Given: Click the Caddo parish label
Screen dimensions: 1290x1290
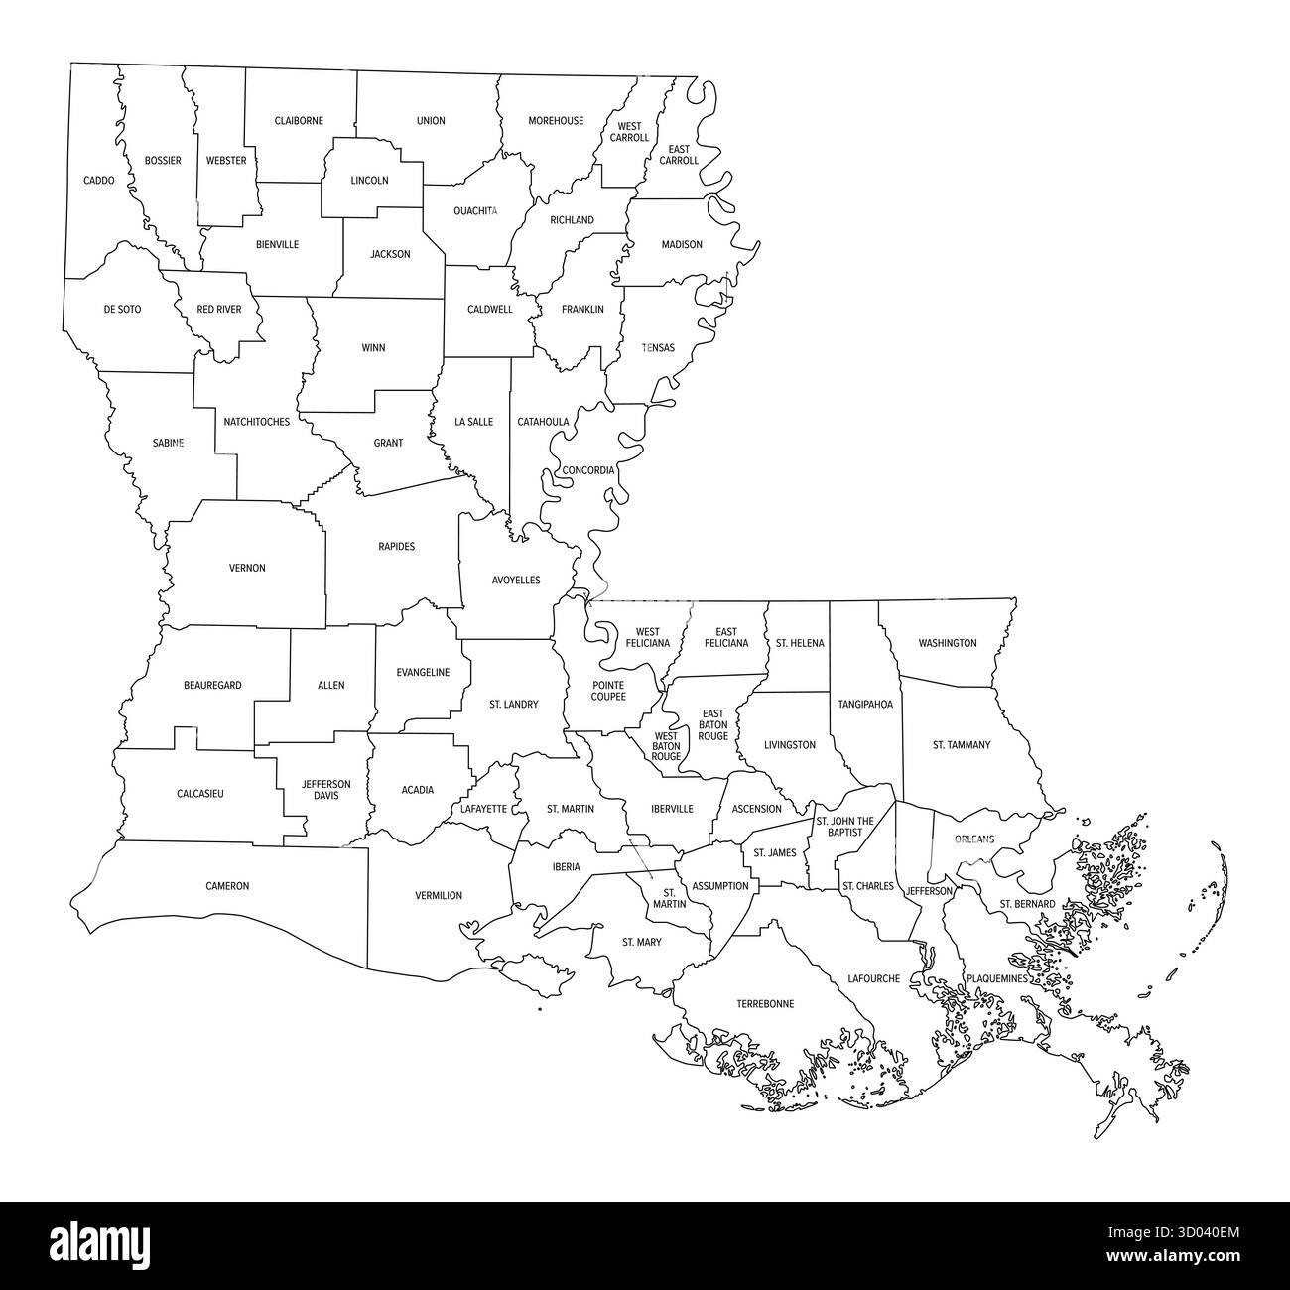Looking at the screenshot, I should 98,181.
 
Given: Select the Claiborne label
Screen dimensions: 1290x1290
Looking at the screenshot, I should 299,121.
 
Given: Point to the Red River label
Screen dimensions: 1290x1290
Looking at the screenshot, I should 218,310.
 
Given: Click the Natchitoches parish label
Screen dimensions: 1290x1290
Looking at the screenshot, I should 256,422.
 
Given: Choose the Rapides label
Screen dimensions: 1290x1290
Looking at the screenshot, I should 396,547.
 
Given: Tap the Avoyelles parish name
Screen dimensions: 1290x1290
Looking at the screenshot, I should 516,580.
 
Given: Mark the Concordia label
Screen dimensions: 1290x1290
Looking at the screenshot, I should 588,470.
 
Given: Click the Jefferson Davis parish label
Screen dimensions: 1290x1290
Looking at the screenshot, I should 326,790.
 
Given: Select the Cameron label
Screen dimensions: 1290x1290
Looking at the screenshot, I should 227,886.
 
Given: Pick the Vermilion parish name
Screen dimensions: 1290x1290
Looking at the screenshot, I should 439,896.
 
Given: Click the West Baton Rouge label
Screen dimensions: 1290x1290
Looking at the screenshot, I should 666,746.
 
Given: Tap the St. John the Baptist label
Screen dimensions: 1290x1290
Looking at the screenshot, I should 844,826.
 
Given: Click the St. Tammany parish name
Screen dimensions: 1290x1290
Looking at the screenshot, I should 961,745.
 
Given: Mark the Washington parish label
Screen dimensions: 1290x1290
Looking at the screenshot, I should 947,643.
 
